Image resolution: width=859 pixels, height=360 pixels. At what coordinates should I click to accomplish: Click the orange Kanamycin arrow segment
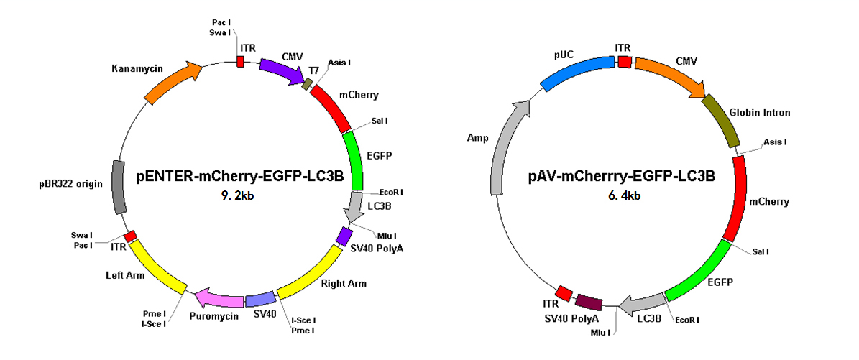click(170, 83)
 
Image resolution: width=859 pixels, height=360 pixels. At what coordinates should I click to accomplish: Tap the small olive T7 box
click(308, 83)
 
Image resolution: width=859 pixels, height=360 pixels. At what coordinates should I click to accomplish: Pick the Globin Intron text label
click(759, 112)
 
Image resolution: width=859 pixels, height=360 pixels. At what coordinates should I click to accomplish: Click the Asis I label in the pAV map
click(775, 142)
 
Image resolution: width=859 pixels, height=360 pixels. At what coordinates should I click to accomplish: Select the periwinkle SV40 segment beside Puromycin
click(261, 299)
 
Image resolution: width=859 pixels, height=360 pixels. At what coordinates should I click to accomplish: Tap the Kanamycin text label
click(132, 68)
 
